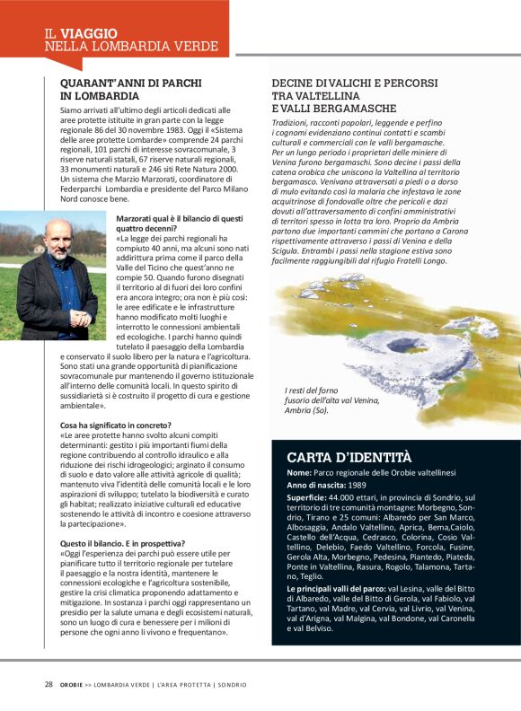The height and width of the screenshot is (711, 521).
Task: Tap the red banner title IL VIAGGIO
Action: click(82, 33)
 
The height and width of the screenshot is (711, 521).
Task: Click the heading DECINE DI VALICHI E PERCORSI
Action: click(355, 83)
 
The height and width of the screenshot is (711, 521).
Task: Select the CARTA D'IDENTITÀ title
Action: click(349, 456)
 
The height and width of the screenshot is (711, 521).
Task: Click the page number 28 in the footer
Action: click(49, 684)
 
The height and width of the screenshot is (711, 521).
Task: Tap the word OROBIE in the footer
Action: click(73, 684)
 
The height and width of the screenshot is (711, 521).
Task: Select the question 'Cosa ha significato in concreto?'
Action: click(116, 425)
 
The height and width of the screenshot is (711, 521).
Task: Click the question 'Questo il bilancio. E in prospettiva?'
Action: click(123, 543)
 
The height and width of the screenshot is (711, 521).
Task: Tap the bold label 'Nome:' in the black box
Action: click(299, 472)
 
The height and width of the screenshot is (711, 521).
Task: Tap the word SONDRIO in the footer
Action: click(228, 684)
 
